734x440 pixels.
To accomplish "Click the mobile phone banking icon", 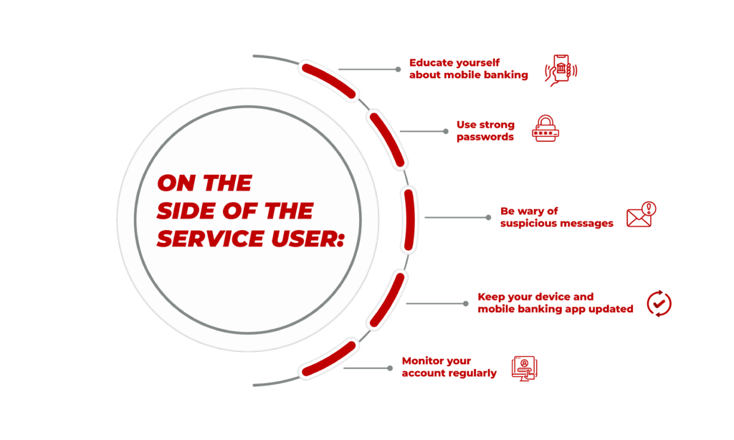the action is click(x=561, y=70).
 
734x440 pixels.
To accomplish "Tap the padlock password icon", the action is click(x=545, y=128).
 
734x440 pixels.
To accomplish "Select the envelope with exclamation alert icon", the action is click(x=642, y=215).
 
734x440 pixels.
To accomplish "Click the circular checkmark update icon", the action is click(x=659, y=303).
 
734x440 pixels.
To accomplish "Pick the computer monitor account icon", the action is click(x=524, y=368).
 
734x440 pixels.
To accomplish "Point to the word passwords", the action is click(x=485, y=137).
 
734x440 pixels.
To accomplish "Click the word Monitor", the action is click(x=420, y=361).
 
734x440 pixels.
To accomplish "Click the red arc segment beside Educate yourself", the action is click(x=328, y=82).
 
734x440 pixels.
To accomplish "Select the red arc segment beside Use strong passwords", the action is click(x=386, y=140).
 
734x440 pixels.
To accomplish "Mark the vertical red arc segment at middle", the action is click(x=409, y=219).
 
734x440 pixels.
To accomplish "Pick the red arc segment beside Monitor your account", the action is click(x=328, y=358).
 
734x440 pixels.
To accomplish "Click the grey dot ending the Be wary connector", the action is click(x=488, y=217).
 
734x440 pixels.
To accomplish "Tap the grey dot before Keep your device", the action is click(x=465, y=303).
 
